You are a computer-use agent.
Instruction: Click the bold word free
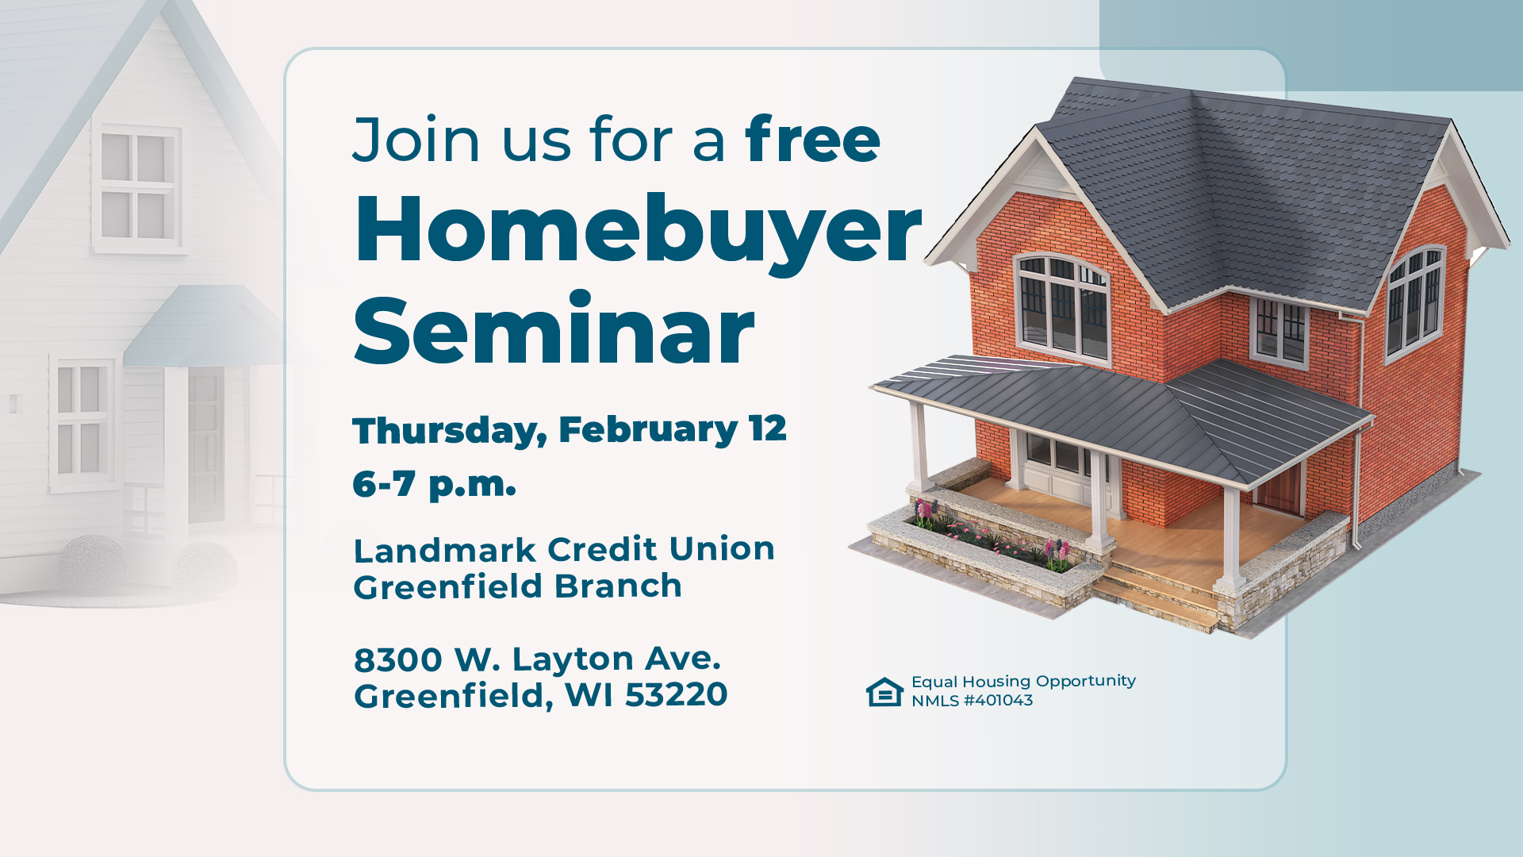(x=812, y=140)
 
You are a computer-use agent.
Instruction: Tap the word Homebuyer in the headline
(x=638, y=230)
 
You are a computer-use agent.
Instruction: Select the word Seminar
(x=554, y=331)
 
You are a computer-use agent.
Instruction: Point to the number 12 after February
(x=767, y=428)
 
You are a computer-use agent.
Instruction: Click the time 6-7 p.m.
(x=434, y=483)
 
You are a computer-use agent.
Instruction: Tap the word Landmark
(x=445, y=549)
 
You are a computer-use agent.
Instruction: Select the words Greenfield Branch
(x=517, y=587)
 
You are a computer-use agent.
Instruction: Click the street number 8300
(x=398, y=659)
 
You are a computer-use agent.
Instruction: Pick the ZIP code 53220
(x=676, y=695)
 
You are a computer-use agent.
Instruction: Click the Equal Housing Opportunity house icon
(x=884, y=692)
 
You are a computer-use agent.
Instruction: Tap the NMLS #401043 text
(x=972, y=701)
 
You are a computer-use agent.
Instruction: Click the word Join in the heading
(x=416, y=140)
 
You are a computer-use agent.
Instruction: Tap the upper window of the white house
(x=137, y=187)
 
